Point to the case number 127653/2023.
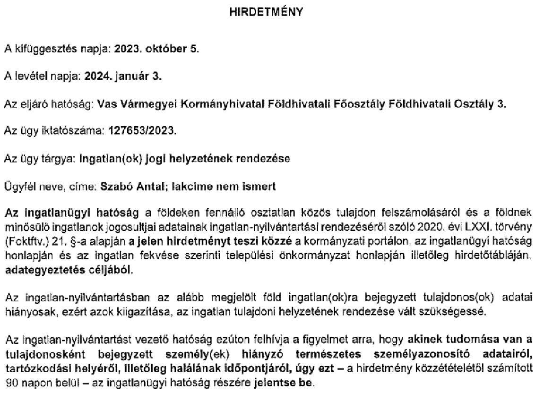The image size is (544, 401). coord(142,131)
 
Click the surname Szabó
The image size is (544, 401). coord(113,187)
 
